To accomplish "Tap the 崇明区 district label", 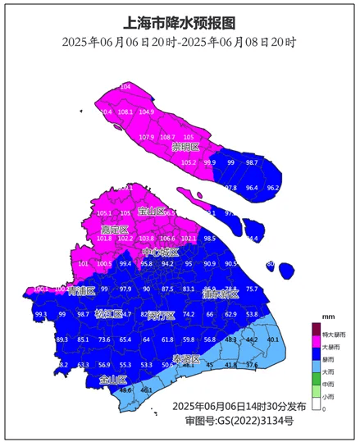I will pos(186,148).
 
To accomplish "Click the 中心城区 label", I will pos(160,252).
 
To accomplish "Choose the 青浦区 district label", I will pos(81,290).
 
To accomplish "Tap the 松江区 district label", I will pos(111,314).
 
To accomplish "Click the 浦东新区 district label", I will pos(220,294).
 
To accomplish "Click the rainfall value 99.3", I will pos(41,314).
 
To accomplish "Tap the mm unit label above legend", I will pos(328,316).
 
